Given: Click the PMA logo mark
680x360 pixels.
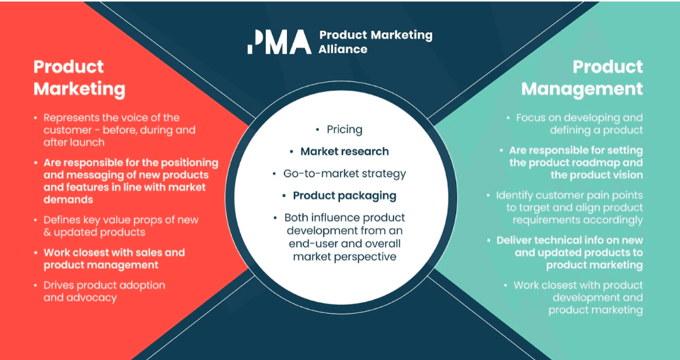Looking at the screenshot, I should [279, 41].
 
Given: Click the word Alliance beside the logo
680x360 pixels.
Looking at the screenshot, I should [342, 49].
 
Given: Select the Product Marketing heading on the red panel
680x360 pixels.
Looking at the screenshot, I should [79, 78].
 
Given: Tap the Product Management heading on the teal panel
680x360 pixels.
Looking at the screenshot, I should [582, 78].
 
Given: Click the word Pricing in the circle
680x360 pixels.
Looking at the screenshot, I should [344, 130].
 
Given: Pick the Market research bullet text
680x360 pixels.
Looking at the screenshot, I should [344, 151].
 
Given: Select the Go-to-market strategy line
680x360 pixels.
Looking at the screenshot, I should [344, 173].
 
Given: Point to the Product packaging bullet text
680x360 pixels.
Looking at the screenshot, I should [344, 195].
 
